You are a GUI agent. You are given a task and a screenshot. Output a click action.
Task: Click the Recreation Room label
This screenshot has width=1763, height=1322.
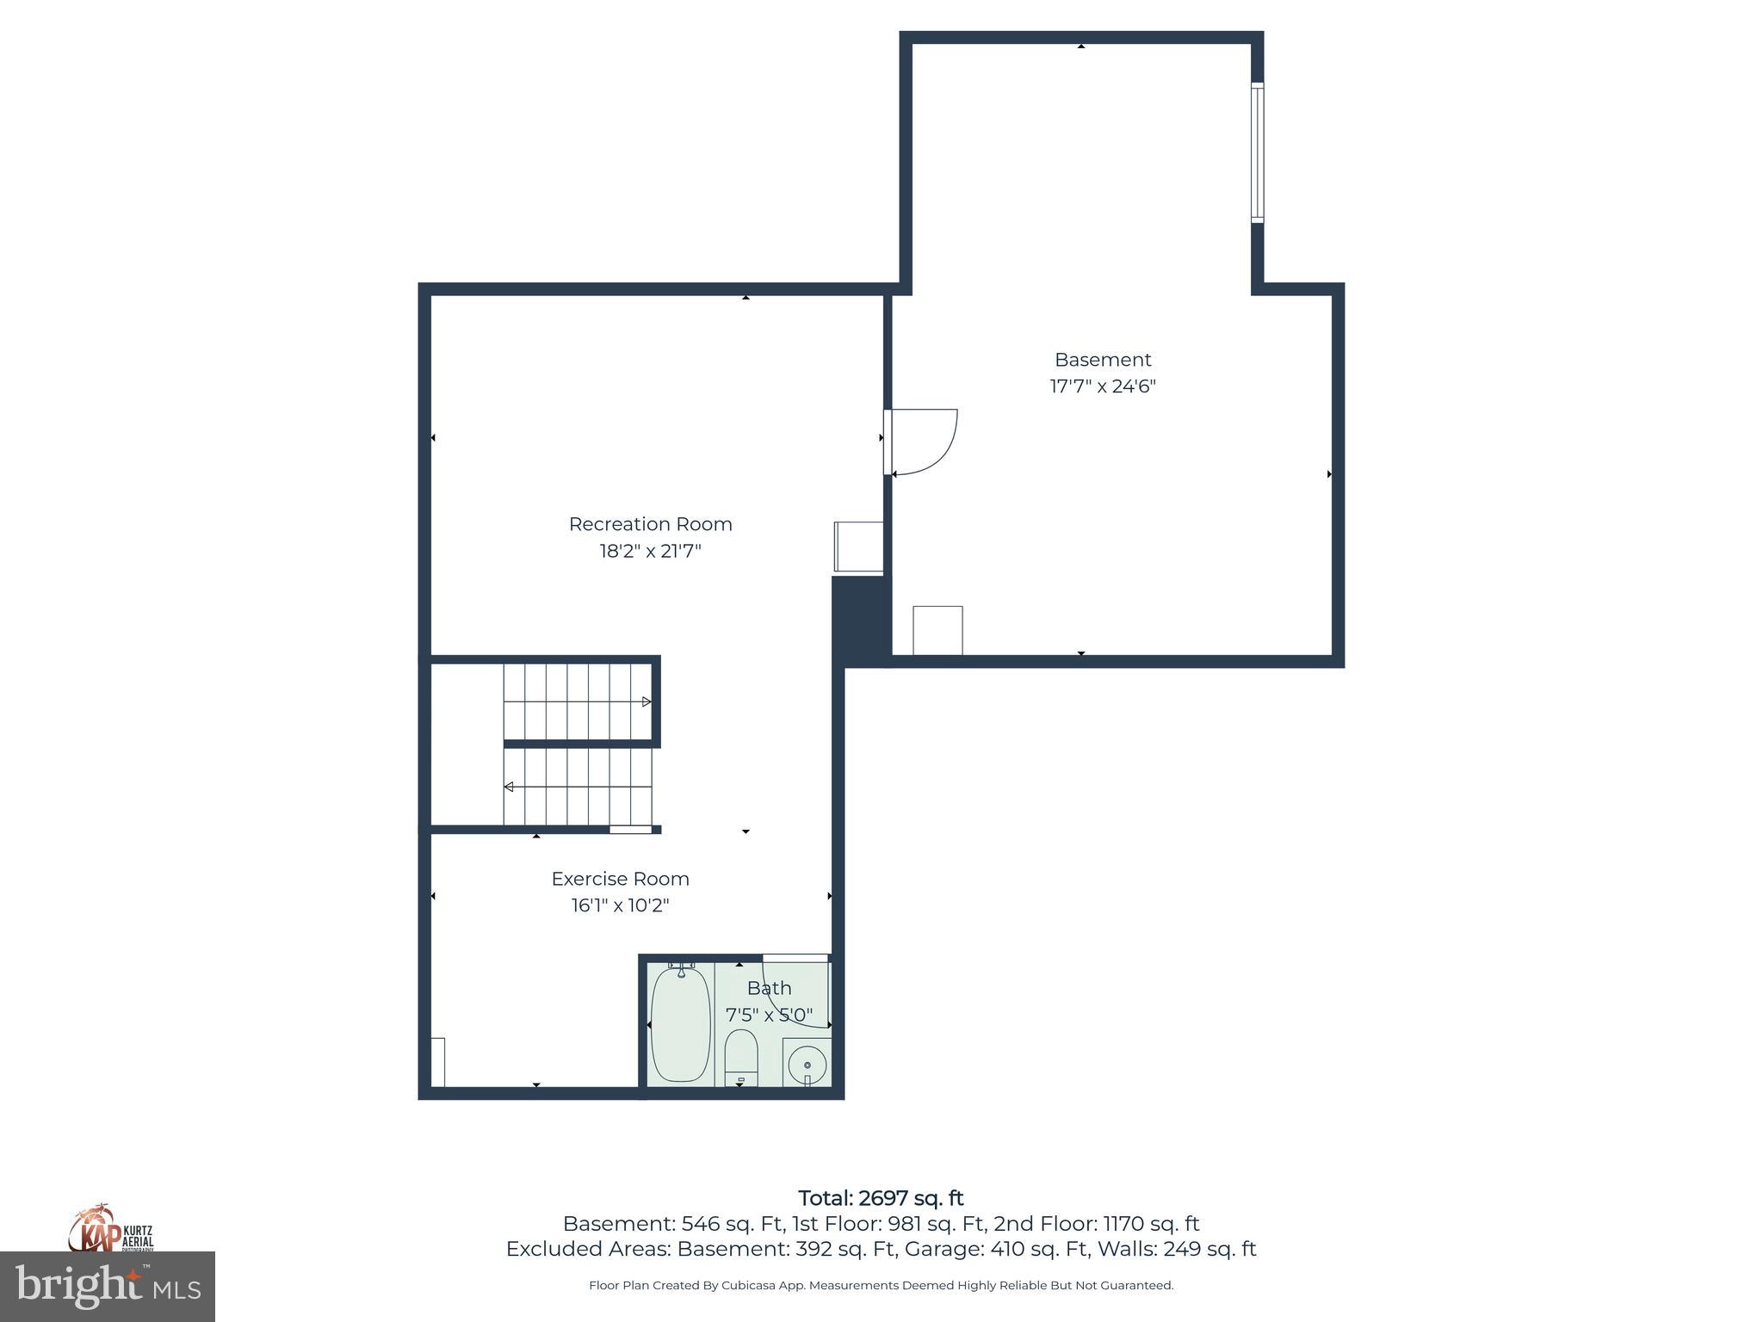tap(650, 524)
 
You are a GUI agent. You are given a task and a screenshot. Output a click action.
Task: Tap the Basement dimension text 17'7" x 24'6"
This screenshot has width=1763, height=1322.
tap(1102, 386)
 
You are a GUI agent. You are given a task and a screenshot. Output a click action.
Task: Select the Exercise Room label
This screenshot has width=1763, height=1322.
tap(620, 879)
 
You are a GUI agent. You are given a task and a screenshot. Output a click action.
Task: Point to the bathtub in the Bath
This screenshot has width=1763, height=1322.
tap(680, 1024)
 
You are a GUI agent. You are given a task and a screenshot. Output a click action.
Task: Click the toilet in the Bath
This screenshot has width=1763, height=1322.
tap(740, 1057)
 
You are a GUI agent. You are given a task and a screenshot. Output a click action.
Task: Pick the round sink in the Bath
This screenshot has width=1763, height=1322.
tap(807, 1066)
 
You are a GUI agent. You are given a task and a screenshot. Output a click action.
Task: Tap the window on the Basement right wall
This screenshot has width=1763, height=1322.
tap(1257, 152)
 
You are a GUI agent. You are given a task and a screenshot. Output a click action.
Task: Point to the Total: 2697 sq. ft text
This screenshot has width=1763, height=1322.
tap(881, 1198)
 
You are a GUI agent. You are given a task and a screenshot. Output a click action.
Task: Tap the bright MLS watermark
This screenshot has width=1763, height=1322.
tap(108, 1286)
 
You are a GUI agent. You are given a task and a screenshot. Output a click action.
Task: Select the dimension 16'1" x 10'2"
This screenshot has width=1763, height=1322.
tap(620, 905)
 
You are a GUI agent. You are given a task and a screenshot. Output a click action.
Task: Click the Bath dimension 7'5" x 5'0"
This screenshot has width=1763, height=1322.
tap(769, 1015)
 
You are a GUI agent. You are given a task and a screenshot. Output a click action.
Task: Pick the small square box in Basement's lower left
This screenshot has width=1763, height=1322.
tap(937, 630)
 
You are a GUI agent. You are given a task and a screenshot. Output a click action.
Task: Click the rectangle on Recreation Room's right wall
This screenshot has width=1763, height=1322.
tap(858, 547)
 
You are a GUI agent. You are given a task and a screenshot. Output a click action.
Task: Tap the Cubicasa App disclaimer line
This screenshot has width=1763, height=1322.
tap(881, 1285)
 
